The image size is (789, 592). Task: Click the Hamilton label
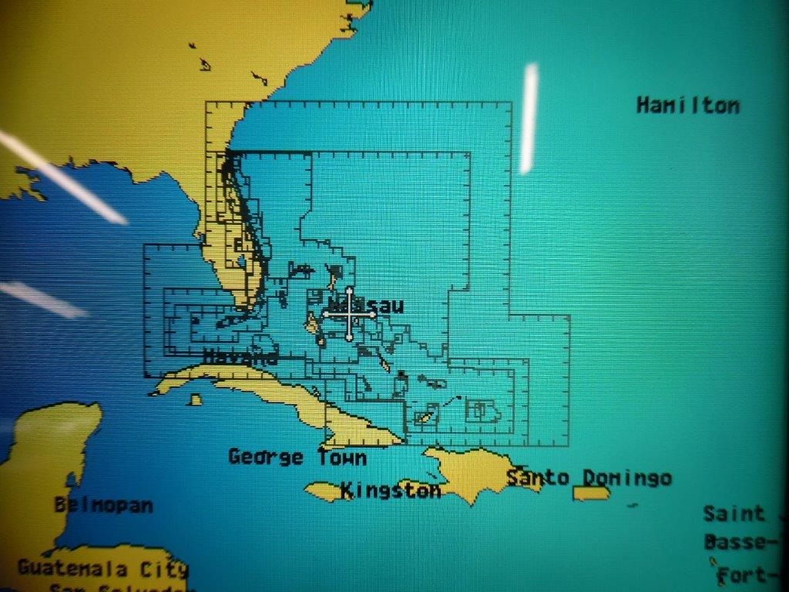687,106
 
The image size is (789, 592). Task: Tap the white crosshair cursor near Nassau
349,314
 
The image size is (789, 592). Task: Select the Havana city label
240,357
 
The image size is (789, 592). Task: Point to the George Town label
297,457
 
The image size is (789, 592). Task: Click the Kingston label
391,490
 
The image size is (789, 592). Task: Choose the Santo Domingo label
589,478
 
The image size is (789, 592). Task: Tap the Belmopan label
103,506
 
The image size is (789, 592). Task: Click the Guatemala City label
102,570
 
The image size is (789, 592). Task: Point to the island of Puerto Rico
591,493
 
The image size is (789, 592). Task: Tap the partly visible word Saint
734,513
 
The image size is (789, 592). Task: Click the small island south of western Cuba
196,399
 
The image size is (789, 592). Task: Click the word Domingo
626,478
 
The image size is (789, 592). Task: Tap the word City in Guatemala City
161,570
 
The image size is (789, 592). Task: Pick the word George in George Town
266,457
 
